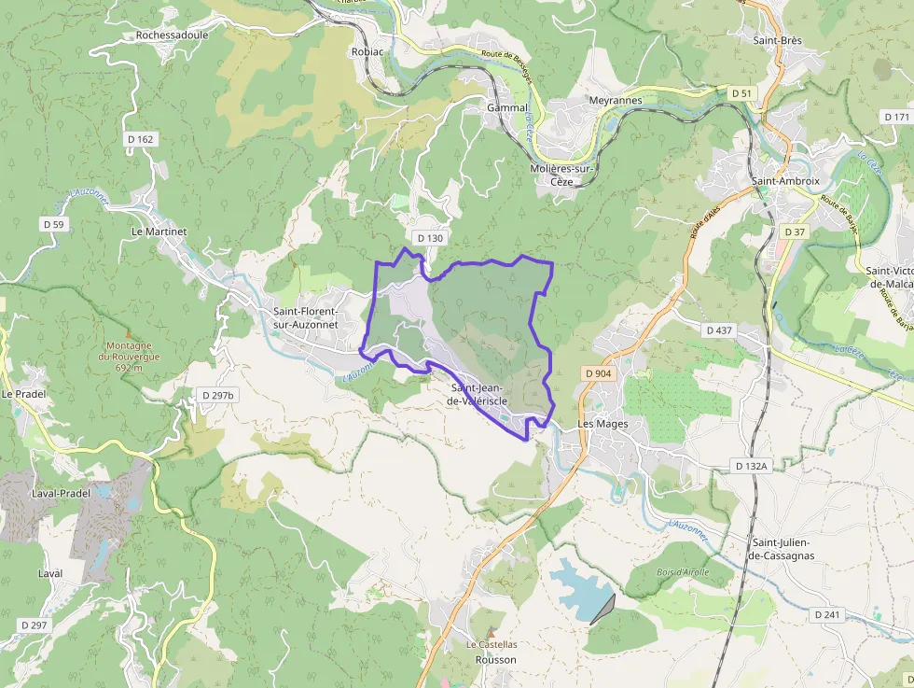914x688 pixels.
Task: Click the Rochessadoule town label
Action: pos(172,35)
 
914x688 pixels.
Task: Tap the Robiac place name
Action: pos(367,52)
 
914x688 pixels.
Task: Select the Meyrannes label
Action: pos(616,100)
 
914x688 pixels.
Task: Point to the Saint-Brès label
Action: pos(777,40)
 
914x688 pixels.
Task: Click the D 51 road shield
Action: pos(741,93)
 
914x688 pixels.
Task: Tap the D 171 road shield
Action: pos(896,117)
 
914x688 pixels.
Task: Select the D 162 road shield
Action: pos(140,139)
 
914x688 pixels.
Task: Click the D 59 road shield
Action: pos(53,224)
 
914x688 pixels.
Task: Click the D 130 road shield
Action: pos(430,238)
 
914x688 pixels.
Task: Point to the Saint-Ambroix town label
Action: pos(785,181)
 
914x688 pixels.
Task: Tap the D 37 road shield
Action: pos(795,232)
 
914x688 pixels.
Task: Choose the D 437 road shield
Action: pos(720,330)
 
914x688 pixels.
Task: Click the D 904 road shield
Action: pos(599,373)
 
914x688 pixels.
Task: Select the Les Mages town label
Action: pos(602,424)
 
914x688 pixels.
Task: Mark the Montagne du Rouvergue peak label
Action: pos(130,356)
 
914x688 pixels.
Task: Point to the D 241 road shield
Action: pos(827,615)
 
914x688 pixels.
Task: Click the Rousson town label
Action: pos(495,659)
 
